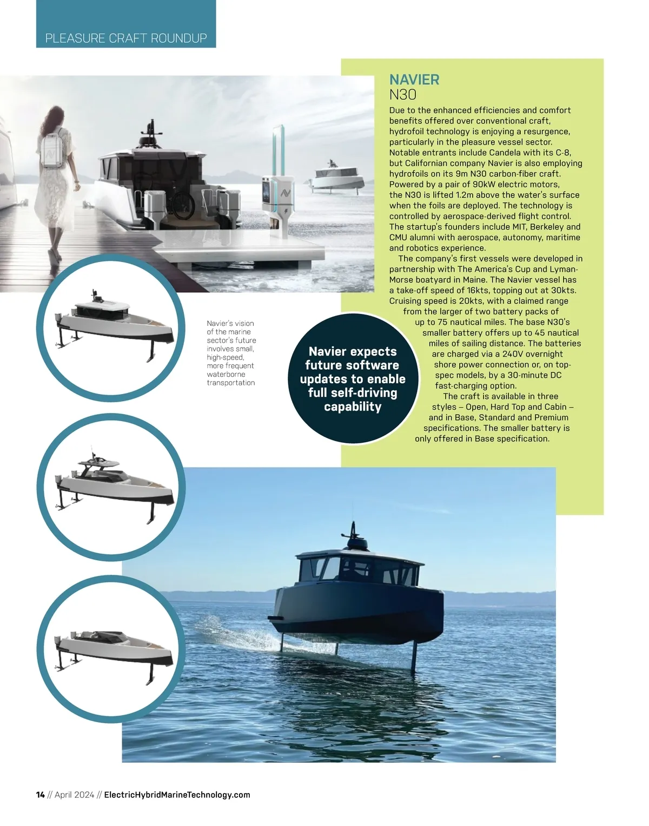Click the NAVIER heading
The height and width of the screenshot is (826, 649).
414,80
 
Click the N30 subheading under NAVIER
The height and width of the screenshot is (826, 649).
403,95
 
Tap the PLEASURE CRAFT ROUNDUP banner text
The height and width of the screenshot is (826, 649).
126,38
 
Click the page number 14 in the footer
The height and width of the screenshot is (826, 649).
40,795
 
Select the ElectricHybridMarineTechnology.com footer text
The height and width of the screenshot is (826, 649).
177,795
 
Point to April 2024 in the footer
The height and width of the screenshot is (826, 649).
75,795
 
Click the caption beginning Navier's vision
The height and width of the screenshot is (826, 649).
231,353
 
